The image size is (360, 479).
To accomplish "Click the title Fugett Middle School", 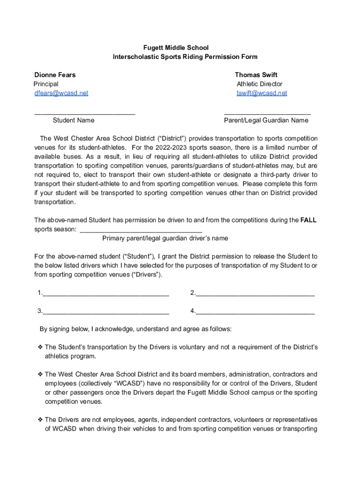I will coord(176,48).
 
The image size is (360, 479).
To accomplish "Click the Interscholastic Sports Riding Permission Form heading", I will coord(185,57).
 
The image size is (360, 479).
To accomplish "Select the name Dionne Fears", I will coord(55,75).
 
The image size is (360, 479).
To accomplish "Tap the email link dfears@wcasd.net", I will coord(61,93).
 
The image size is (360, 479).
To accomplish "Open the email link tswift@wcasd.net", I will coord(262,93).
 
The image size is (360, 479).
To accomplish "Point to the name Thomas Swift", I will coord(256,75).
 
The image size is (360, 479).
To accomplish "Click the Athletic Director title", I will coord(259,84).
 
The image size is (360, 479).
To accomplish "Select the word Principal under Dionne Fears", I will coord(46,84).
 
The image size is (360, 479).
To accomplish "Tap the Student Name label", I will coord(73,121).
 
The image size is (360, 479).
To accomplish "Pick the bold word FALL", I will coord(309,220).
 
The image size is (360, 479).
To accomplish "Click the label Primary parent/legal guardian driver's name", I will coord(165,239).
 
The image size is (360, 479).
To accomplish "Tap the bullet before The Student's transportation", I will coord(40,347).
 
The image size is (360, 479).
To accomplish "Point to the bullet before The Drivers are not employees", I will coord(40,420).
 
